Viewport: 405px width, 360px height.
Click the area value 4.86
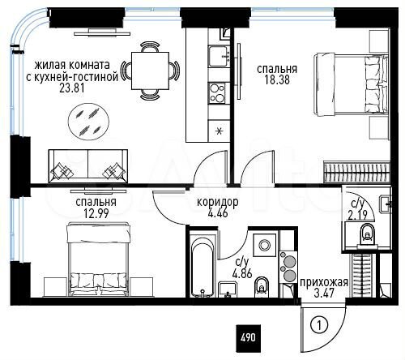(x=241, y=273)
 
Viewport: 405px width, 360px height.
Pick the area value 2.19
(x=357, y=215)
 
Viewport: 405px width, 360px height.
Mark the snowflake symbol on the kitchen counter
(x=216, y=130)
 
